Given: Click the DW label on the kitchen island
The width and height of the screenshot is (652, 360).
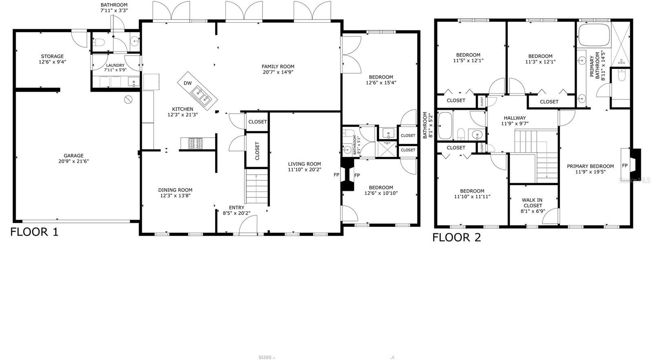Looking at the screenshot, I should pos(187,83).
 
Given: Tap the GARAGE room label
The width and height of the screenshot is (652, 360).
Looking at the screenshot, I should pos(73,158).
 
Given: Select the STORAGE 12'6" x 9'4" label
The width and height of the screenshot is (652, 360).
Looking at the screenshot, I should pos(52,59).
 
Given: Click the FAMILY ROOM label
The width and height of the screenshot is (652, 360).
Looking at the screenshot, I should pos(278,69).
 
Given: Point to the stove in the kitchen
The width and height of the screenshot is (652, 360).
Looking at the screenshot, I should pos(195,143).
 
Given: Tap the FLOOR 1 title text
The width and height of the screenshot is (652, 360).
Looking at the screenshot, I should pos(34,232).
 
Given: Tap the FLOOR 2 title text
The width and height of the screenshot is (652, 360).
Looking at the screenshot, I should pos(456,237).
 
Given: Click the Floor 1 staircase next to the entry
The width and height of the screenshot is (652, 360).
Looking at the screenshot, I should pos(257,187).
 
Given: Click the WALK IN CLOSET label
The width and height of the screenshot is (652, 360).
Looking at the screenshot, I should pos(532,206).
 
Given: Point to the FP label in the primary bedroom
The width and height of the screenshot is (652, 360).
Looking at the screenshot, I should pos(625,166).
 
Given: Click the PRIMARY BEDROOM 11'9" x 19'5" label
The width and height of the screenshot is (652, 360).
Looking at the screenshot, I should pos(590,169).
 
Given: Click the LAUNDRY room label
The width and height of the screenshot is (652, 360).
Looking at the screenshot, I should pos(115,68).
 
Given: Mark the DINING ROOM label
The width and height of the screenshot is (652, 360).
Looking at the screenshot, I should pos(175,193).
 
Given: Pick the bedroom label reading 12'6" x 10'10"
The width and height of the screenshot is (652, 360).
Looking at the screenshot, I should pos(381,190).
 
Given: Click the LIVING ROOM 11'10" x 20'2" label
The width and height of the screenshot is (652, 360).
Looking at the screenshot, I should pos(304,167).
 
